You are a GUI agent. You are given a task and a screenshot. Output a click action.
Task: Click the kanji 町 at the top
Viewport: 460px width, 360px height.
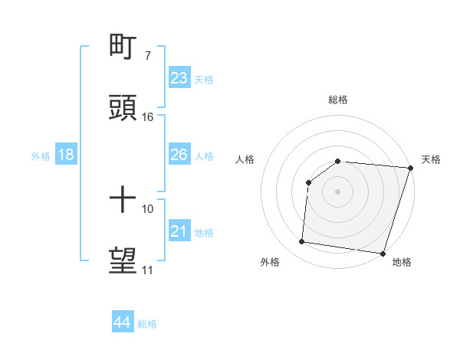(x=123, y=47)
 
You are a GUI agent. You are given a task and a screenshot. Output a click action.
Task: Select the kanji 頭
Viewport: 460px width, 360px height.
(x=123, y=107)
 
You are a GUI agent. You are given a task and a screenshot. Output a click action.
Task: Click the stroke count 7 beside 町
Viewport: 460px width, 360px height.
(x=147, y=56)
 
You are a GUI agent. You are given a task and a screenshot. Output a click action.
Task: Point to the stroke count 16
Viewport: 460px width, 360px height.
(x=148, y=117)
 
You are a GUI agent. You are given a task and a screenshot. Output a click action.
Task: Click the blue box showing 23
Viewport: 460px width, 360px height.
(x=179, y=78)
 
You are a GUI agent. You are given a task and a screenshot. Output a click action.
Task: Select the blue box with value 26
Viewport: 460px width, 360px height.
(x=179, y=155)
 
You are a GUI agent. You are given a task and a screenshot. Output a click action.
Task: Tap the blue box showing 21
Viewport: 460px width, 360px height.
(x=179, y=231)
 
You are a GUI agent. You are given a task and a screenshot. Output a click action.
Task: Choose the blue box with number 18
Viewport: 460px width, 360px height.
(x=66, y=155)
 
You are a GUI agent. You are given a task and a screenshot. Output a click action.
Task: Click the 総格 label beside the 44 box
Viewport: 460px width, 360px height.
(x=147, y=324)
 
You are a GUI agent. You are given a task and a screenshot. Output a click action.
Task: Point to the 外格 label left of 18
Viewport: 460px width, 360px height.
(x=41, y=156)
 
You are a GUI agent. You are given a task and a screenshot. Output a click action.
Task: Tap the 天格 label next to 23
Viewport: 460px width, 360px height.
(x=203, y=80)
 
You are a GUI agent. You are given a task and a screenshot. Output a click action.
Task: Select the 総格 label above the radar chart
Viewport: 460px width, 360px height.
(x=338, y=100)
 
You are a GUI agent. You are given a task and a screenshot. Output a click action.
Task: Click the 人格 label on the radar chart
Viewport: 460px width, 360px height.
(x=246, y=159)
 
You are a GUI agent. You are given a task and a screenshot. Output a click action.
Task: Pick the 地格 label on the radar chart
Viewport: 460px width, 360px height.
(x=402, y=262)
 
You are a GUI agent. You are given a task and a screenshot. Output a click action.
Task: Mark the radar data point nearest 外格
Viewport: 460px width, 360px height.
(x=302, y=242)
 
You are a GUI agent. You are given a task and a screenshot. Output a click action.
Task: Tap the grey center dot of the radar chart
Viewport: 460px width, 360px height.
(x=337, y=191)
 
